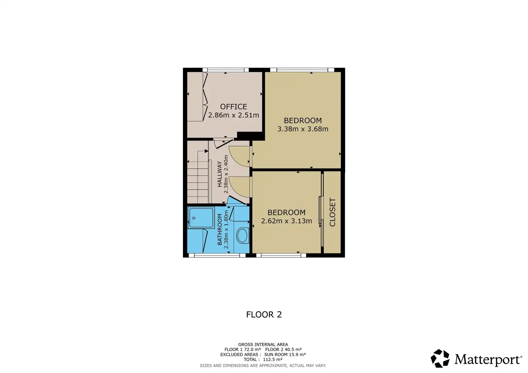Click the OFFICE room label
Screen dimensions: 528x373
coord(234,107)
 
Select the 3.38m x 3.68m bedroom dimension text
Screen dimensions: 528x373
coord(303,129)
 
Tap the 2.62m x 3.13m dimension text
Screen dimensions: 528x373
coord(286,221)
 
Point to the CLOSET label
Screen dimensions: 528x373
coord(332,212)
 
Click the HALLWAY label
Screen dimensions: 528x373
coord(220,174)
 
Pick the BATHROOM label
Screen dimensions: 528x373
coord(220,229)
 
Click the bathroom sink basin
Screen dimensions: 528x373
coord(242,236)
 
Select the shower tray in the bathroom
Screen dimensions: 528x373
coord(201,218)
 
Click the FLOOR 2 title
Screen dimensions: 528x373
coord(264,315)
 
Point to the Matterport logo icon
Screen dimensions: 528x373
coord(440,358)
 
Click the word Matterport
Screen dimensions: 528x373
coord(488,359)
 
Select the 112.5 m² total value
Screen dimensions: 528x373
coord(272,360)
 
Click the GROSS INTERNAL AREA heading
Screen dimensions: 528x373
coord(263,345)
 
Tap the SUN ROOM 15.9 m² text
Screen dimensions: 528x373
coord(285,354)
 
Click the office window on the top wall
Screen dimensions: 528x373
coord(225,70)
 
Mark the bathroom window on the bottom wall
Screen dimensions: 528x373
coord(217,255)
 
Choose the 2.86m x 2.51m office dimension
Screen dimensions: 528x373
coord(234,115)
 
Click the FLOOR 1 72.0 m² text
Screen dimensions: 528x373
coord(242,350)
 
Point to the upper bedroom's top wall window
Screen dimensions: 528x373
coord(302,70)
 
